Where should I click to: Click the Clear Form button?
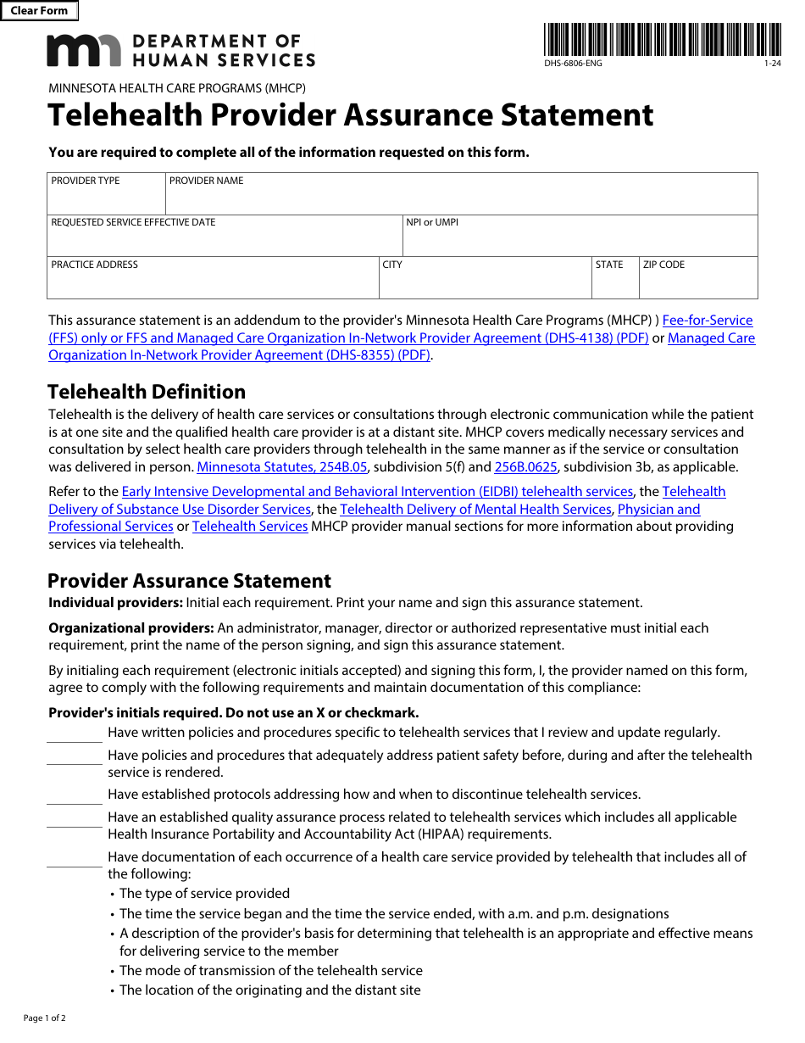pos(39,11)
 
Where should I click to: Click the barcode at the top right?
pos(663,40)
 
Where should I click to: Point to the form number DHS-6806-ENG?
pos(574,64)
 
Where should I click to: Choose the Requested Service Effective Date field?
pos(225,241)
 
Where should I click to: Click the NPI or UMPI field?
pos(580,241)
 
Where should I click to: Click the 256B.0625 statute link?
pos(525,467)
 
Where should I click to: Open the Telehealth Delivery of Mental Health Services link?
pos(475,510)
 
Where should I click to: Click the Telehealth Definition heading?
pos(147,392)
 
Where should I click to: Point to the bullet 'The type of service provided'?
pos(204,894)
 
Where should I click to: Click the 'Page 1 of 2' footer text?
pos(45,1018)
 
